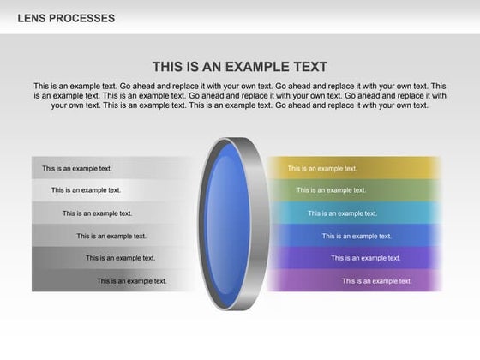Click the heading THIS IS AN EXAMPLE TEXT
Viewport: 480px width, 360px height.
[x=240, y=67]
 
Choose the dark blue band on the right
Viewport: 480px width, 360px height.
[x=411, y=236]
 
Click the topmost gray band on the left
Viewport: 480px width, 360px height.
[x=146, y=168]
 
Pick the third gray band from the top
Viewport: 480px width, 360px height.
[x=154, y=213]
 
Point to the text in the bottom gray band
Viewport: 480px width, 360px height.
[x=132, y=280]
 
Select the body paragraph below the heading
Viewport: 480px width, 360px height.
[x=240, y=96]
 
